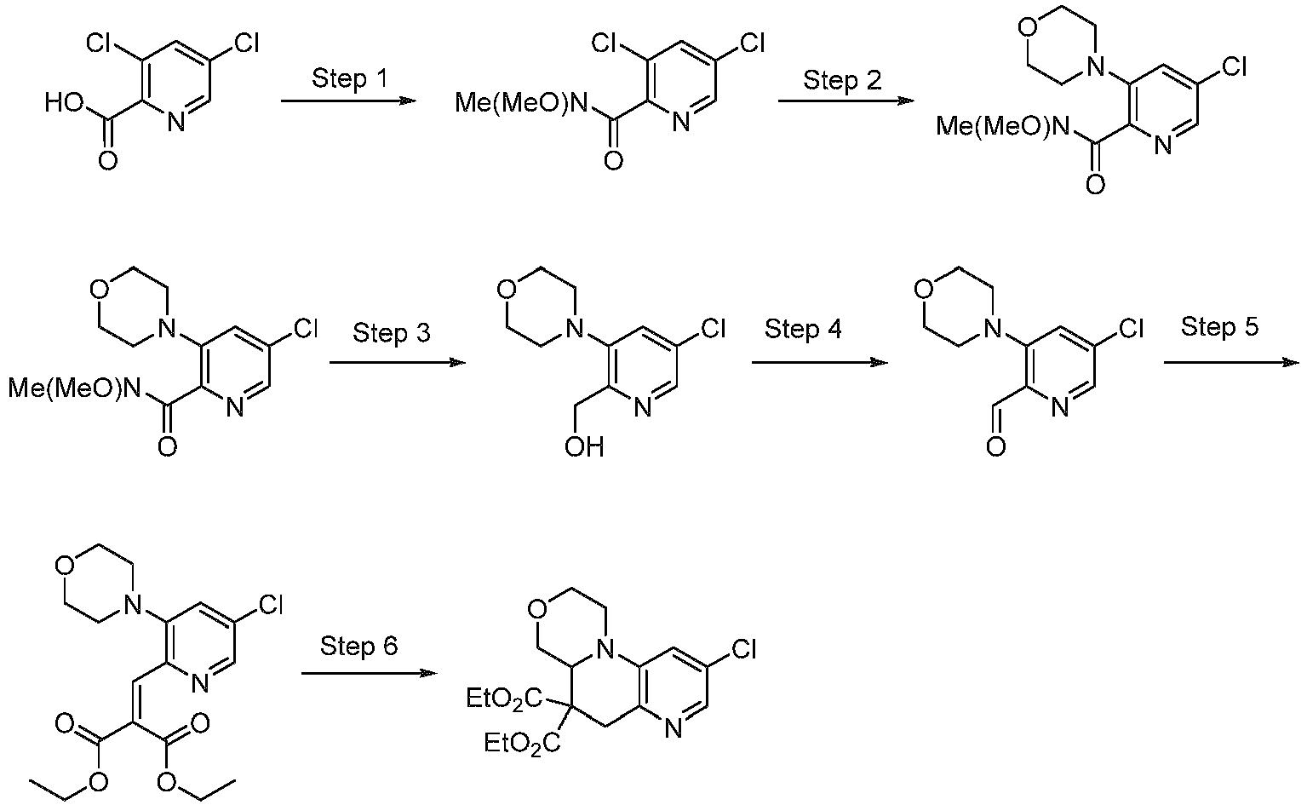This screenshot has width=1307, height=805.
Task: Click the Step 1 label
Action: (349, 78)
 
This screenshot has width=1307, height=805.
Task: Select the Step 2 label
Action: (842, 80)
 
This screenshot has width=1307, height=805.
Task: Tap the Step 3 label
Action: (392, 333)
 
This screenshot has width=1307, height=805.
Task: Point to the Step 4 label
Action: (804, 329)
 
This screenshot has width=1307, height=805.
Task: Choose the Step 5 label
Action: (1220, 326)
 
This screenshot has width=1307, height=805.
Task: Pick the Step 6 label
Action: (358, 646)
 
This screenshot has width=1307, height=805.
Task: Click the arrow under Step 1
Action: (348, 101)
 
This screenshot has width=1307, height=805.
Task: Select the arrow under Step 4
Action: (820, 363)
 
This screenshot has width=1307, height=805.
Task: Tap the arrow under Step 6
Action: (369, 674)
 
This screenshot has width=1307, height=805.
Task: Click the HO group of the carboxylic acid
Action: (64, 103)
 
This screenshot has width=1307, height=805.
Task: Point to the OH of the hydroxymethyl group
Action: (584, 448)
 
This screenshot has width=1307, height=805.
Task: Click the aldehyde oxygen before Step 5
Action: (996, 447)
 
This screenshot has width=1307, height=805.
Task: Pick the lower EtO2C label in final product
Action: (522, 744)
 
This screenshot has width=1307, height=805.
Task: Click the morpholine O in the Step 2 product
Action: (1029, 26)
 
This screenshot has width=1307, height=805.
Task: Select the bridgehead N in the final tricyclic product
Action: (608, 647)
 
